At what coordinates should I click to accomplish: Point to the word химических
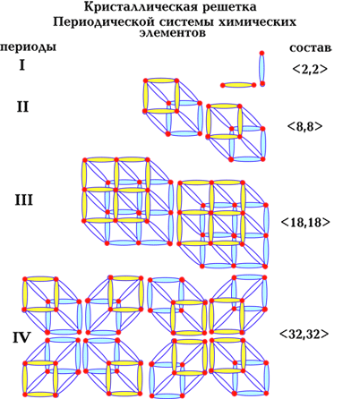click(257, 22)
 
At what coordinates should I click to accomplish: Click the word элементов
click(173, 33)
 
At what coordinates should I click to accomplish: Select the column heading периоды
click(28, 47)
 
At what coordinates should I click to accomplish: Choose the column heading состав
click(311, 48)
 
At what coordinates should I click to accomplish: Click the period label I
click(22, 65)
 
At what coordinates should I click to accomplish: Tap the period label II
click(22, 106)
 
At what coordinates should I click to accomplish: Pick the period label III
click(24, 200)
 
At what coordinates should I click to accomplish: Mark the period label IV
click(21, 338)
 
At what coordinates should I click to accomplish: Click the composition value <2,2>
click(310, 69)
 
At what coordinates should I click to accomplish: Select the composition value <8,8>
click(305, 126)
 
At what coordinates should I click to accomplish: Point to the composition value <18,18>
click(305, 222)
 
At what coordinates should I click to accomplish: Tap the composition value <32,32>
click(304, 334)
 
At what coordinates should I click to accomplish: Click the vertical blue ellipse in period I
click(261, 69)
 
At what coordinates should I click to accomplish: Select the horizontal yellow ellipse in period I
click(238, 85)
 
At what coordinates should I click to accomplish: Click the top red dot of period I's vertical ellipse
click(261, 53)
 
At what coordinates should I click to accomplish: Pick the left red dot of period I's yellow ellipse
click(222, 85)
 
